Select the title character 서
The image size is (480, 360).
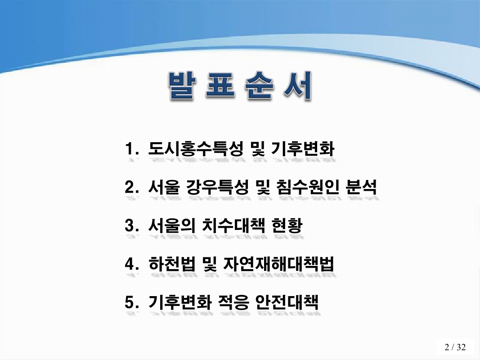(297, 85)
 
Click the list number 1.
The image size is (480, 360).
(131, 149)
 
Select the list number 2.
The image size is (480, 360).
(131, 188)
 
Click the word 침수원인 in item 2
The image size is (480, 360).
(305, 188)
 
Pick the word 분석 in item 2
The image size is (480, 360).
(360, 188)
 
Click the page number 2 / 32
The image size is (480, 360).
(455, 347)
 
